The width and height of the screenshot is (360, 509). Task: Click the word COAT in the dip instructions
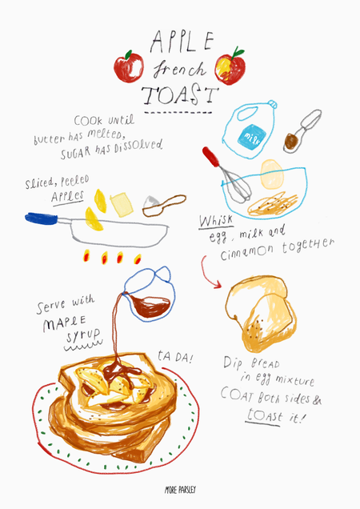pyautogui.click(x=238, y=395)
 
